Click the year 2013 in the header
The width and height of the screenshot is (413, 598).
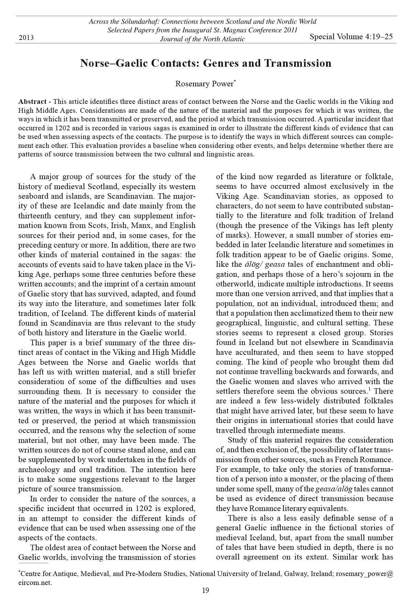[26, 37]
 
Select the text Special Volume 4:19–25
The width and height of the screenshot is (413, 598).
[351, 37]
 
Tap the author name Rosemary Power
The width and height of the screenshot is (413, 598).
[204, 84]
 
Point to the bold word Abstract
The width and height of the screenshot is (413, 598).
[32, 102]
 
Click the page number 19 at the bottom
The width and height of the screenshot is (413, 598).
[205, 591]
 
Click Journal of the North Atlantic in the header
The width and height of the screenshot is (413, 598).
[202, 39]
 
